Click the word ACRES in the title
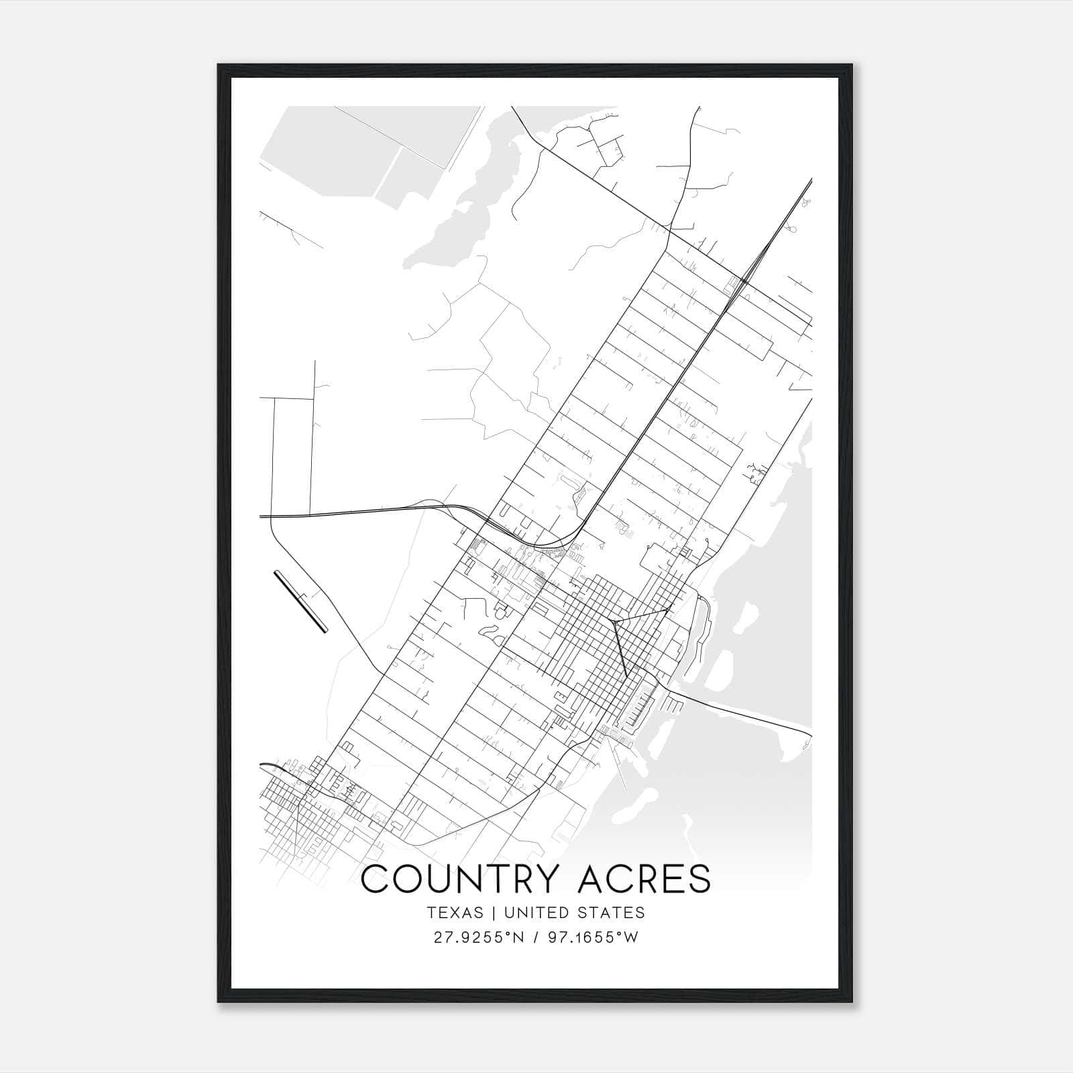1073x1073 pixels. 644,879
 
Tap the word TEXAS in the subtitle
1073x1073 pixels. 455,913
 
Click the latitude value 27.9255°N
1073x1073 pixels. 477,938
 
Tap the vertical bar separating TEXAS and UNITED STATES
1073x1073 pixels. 494,913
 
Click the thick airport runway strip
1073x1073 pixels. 300,601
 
